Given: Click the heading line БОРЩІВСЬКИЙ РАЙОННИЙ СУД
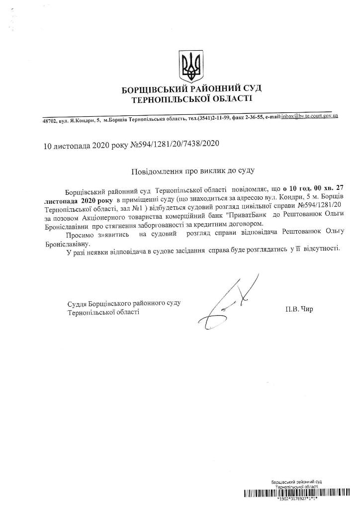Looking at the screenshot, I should (191, 89).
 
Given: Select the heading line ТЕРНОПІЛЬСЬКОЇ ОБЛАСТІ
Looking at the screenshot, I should (191, 99).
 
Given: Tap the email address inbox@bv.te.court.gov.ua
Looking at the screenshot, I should (309, 116).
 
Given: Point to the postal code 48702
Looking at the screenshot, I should (50, 120).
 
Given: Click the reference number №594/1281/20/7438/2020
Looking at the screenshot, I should (175, 145).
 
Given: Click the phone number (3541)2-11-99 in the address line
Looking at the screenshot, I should (217, 118).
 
